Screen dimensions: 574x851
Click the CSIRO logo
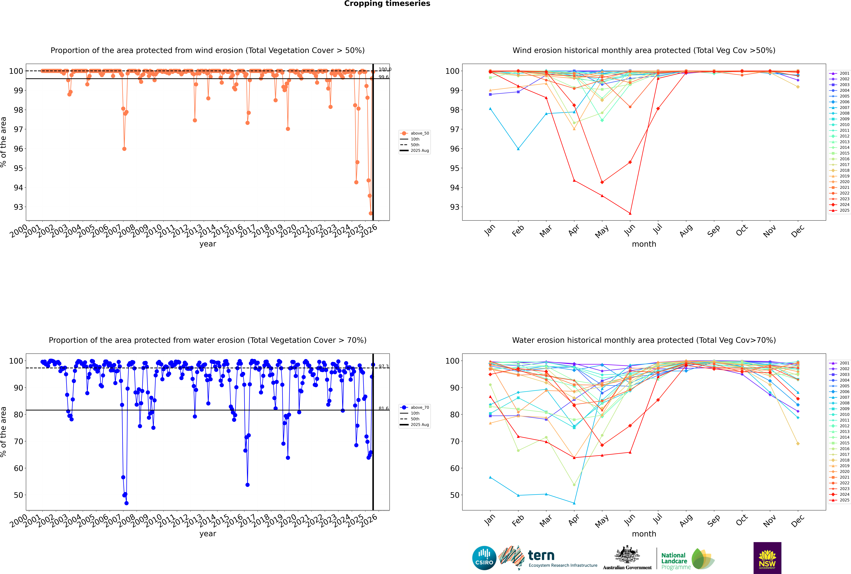click(x=484, y=558)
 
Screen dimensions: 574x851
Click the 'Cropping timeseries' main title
click(x=387, y=4)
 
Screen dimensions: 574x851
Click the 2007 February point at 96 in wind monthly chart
click(x=518, y=149)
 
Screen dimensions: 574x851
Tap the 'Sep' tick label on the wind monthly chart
click(x=713, y=231)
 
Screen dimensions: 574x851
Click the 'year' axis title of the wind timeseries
click(x=208, y=244)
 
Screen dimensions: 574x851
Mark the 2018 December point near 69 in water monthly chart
click(x=798, y=444)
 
